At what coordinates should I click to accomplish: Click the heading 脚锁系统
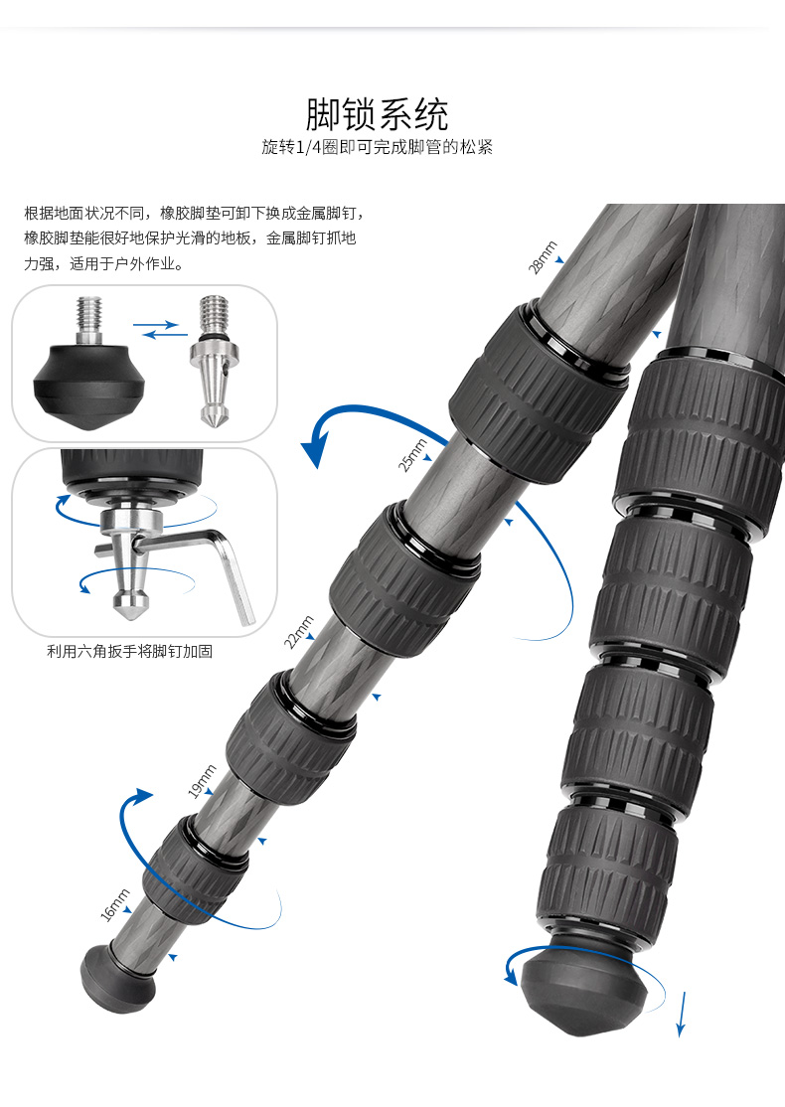pos(377,114)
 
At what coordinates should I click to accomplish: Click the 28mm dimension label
pos(543,257)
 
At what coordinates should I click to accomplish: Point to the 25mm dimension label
pos(413,454)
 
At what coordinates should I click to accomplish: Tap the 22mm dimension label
pos(298,632)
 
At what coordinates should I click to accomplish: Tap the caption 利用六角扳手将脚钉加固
pos(130,652)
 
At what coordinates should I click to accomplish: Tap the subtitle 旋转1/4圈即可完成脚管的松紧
pos(377,148)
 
